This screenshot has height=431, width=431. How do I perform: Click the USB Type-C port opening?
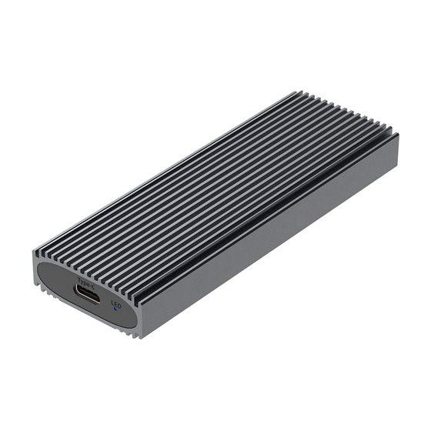coord(88,292)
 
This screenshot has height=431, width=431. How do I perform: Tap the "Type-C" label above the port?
coord(88,277)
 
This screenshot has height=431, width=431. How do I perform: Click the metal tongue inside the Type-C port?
coord(88,293)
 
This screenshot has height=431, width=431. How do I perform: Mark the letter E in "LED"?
coord(116,303)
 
